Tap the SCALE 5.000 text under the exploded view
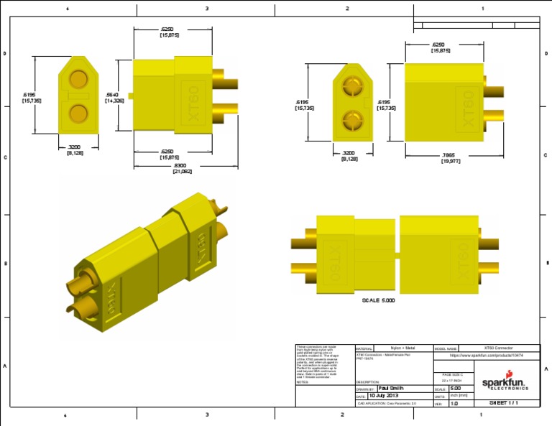click(378, 300)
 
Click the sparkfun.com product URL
click(486, 356)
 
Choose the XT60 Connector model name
click(498, 348)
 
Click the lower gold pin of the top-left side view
click(225, 110)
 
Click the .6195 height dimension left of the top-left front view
click(31, 98)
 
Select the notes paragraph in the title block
click(322, 362)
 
